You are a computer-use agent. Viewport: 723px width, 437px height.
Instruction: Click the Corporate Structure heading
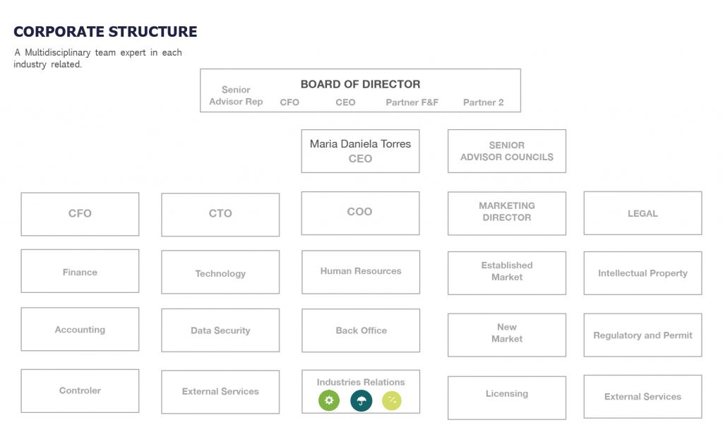point(105,32)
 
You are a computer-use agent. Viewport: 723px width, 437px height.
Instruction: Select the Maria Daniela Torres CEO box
point(360,151)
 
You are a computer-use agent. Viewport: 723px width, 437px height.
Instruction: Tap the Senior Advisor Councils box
point(506,151)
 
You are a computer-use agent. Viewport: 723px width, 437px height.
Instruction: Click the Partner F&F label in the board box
point(412,102)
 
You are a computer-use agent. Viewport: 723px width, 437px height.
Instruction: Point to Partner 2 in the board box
point(483,102)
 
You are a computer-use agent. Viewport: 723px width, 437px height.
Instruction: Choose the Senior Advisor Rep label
point(236,96)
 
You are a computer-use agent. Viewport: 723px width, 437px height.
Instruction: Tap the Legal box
point(643,213)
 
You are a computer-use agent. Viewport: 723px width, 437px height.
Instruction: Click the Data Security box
point(220,330)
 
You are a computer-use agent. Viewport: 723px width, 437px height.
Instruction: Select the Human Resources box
point(360,272)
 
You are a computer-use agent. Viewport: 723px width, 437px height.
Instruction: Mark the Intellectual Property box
point(643,273)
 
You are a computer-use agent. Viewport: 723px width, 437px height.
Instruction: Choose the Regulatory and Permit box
point(643,335)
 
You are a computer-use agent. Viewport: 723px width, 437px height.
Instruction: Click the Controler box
point(80,391)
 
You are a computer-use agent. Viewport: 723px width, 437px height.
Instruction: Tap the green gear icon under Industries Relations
point(328,401)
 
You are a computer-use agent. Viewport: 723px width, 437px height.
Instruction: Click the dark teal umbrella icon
point(361,401)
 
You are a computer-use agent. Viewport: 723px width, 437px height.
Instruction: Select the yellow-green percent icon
point(392,401)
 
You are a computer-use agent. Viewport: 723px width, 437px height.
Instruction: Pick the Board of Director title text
point(360,84)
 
